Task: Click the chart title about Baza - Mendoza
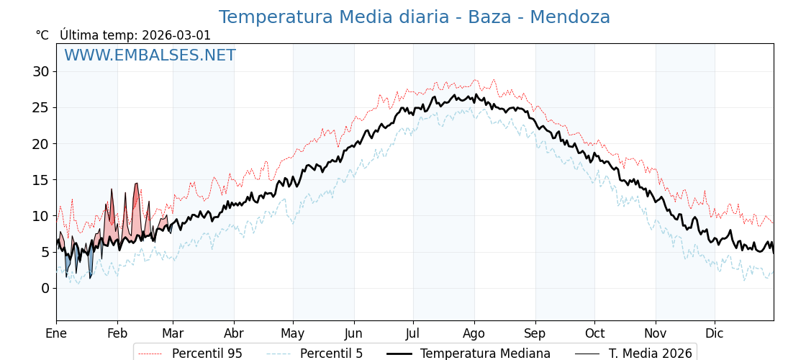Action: click(414, 17)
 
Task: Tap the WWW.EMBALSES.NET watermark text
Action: click(150, 55)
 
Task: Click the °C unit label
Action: click(42, 35)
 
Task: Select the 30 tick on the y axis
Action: click(40, 71)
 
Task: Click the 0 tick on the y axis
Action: click(45, 288)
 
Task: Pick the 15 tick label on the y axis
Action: click(40, 180)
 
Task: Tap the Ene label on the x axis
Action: click(56, 333)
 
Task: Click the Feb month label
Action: click(117, 333)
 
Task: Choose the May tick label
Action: click(293, 333)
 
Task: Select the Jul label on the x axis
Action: click(413, 333)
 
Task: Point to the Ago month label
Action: click(474, 333)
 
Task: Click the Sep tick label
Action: click(535, 333)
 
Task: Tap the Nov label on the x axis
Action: click(656, 333)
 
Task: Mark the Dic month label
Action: click(715, 333)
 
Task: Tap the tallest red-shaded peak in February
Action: click(136, 185)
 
